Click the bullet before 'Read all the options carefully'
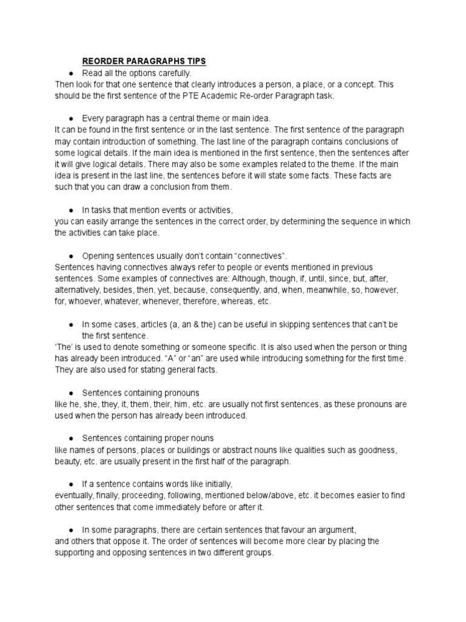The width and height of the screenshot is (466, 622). pyautogui.click(x=71, y=73)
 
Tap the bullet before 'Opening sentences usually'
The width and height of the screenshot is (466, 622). pyautogui.click(x=71, y=256)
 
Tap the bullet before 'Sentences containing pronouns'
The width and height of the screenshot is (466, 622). pyautogui.click(x=71, y=392)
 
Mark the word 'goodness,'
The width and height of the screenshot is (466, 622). pyautogui.click(x=377, y=450)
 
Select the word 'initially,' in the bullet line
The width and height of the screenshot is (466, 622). pyautogui.click(x=214, y=484)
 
